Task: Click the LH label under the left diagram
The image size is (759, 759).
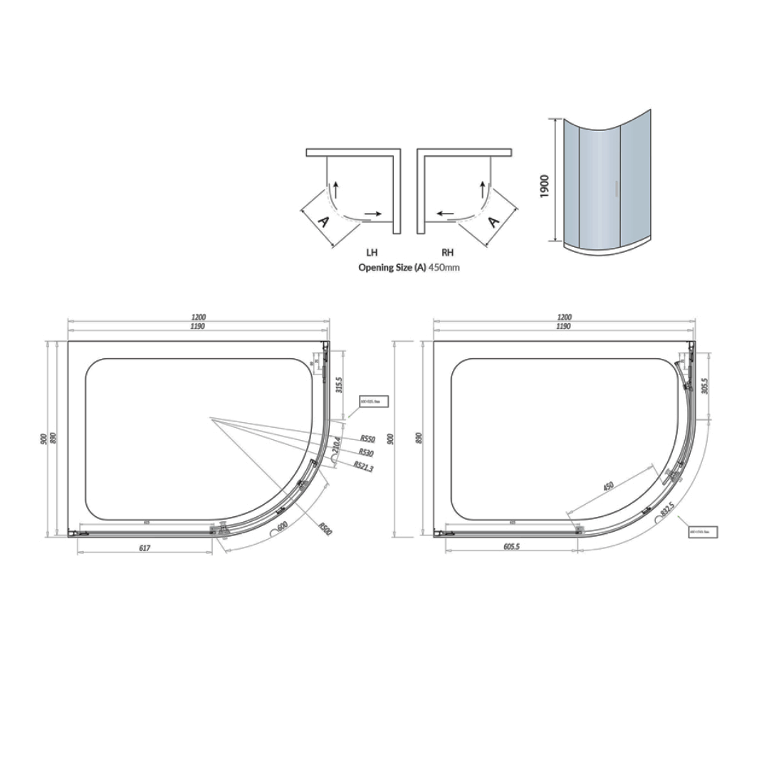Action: [x=372, y=252]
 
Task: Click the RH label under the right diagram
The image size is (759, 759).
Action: [x=447, y=252]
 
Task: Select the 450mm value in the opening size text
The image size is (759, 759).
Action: [x=445, y=268]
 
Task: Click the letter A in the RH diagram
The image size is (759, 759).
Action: [x=493, y=221]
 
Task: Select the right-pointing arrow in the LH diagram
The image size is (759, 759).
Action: [x=372, y=213]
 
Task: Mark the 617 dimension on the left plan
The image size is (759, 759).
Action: [x=145, y=548]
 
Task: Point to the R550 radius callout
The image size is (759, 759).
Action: [x=367, y=439]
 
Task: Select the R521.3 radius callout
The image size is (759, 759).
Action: [x=365, y=466]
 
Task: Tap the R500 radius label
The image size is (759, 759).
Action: [x=325, y=529]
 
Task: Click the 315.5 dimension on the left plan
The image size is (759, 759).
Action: [x=340, y=385]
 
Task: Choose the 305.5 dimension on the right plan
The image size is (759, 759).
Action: [x=705, y=387]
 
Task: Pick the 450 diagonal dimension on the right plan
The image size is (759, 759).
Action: [x=607, y=488]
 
